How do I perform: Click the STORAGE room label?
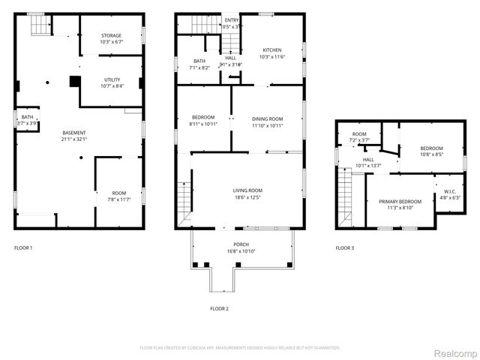(x=111, y=35)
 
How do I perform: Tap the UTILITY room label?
(x=112, y=79)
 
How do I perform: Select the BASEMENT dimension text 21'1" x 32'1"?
(x=74, y=139)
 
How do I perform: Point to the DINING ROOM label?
(x=267, y=118)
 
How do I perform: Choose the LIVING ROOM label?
(x=247, y=190)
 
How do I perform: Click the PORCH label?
(x=241, y=244)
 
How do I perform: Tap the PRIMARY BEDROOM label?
(x=400, y=202)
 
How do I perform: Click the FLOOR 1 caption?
(x=24, y=247)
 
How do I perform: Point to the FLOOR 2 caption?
(x=219, y=308)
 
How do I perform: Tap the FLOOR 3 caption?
(x=344, y=247)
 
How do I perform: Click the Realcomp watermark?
(x=457, y=352)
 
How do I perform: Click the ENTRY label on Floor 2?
(x=232, y=19)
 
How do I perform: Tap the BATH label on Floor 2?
(x=199, y=61)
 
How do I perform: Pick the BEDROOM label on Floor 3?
(x=431, y=148)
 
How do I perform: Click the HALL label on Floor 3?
(x=369, y=159)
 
